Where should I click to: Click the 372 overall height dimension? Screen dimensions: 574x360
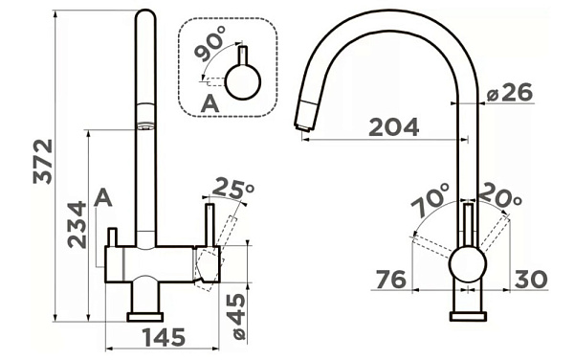pos(43,161)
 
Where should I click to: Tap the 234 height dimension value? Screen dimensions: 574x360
pos(77,224)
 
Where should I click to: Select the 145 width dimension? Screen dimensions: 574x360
pos(164,337)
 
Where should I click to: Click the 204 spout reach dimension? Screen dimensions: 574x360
pos(393,127)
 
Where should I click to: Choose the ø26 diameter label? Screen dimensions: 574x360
pos(510,92)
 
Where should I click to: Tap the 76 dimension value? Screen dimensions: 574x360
pos(391,279)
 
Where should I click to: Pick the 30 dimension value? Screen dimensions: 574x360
pos(531,279)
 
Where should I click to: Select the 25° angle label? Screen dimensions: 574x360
pos(233,188)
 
